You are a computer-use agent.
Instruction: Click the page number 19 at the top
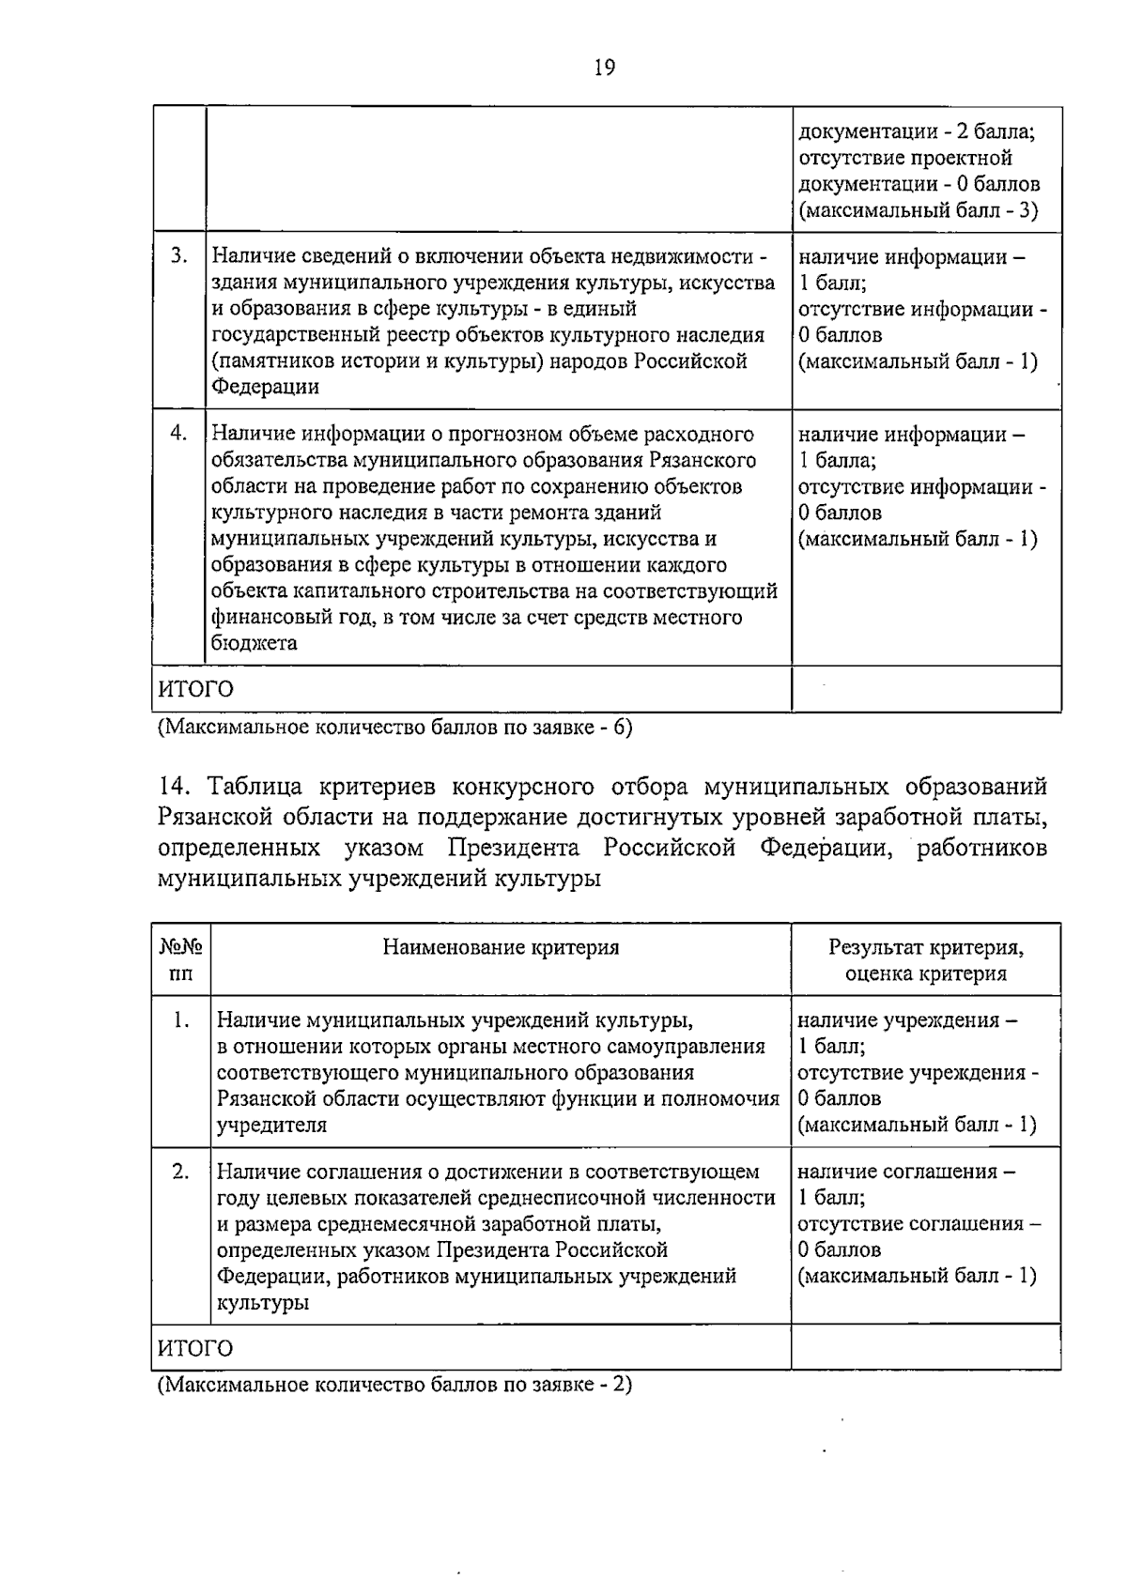click(605, 68)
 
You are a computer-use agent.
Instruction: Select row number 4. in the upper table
click(178, 434)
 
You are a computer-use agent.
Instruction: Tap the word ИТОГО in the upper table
click(195, 689)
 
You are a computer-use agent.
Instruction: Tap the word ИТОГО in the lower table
click(195, 1349)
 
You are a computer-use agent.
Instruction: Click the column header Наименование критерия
click(501, 947)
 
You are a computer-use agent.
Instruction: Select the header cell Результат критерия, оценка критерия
click(925, 960)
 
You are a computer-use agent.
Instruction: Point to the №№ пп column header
click(181, 960)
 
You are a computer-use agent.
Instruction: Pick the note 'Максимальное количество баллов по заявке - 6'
click(394, 728)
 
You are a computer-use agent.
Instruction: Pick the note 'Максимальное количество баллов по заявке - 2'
click(394, 1385)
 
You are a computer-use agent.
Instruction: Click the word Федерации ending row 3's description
click(265, 387)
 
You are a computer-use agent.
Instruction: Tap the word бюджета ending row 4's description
click(255, 643)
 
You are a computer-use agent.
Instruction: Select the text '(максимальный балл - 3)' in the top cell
click(918, 210)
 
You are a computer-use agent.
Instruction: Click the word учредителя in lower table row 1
click(271, 1125)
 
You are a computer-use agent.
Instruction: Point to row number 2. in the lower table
click(181, 1172)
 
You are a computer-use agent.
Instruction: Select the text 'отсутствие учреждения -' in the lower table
click(918, 1072)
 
